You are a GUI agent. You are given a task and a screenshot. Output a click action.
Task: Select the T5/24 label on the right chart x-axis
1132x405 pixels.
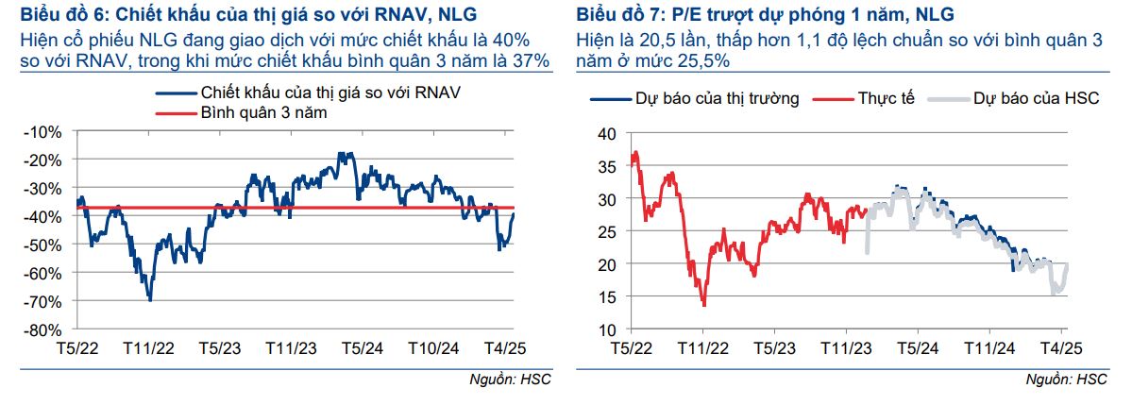(x=916, y=346)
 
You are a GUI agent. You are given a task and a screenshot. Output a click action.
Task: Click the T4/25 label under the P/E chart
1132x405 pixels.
(x=1060, y=346)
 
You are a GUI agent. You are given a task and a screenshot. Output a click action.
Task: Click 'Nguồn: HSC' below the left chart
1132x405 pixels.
(x=510, y=378)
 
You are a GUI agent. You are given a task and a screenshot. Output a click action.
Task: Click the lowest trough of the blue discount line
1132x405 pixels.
(x=150, y=299)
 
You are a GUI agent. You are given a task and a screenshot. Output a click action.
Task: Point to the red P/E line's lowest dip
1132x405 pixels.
(x=703, y=304)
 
